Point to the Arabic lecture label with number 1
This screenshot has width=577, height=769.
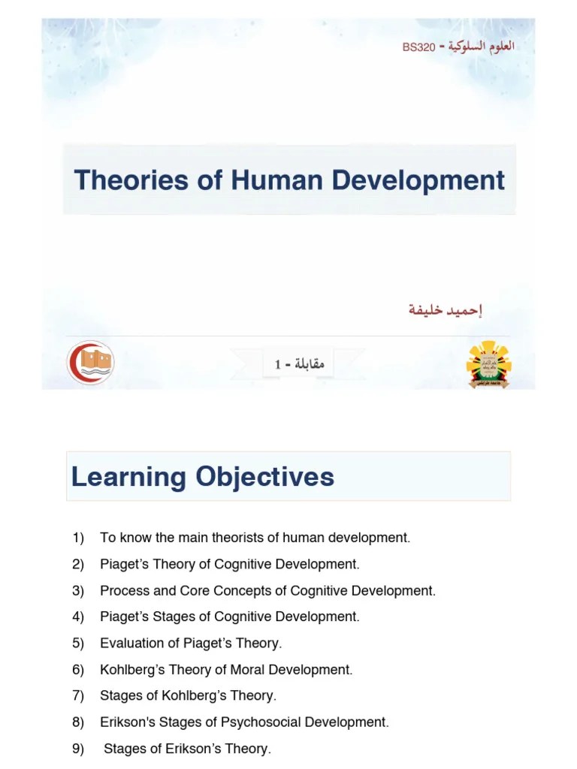pos(299,364)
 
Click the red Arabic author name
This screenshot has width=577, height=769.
pos(445,309)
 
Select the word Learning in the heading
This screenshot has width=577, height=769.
pos(128,476)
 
